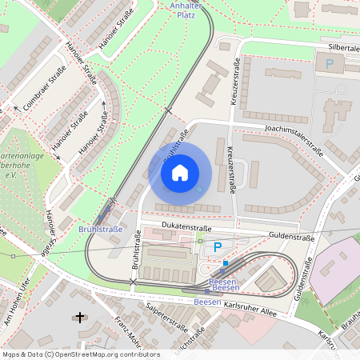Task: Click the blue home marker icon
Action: pyautogui.click(x=180, y=172)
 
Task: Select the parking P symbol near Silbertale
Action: pyautogui.click(x=329, y=63)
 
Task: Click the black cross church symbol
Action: pyautogui.click(x=79, y=318)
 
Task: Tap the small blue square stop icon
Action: pyautogui.click(x=226, y=262)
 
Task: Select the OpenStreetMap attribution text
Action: pyautogui.click(x=81, y=354)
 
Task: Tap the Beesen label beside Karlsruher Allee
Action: pyautogui.click(x=207, y=302)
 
